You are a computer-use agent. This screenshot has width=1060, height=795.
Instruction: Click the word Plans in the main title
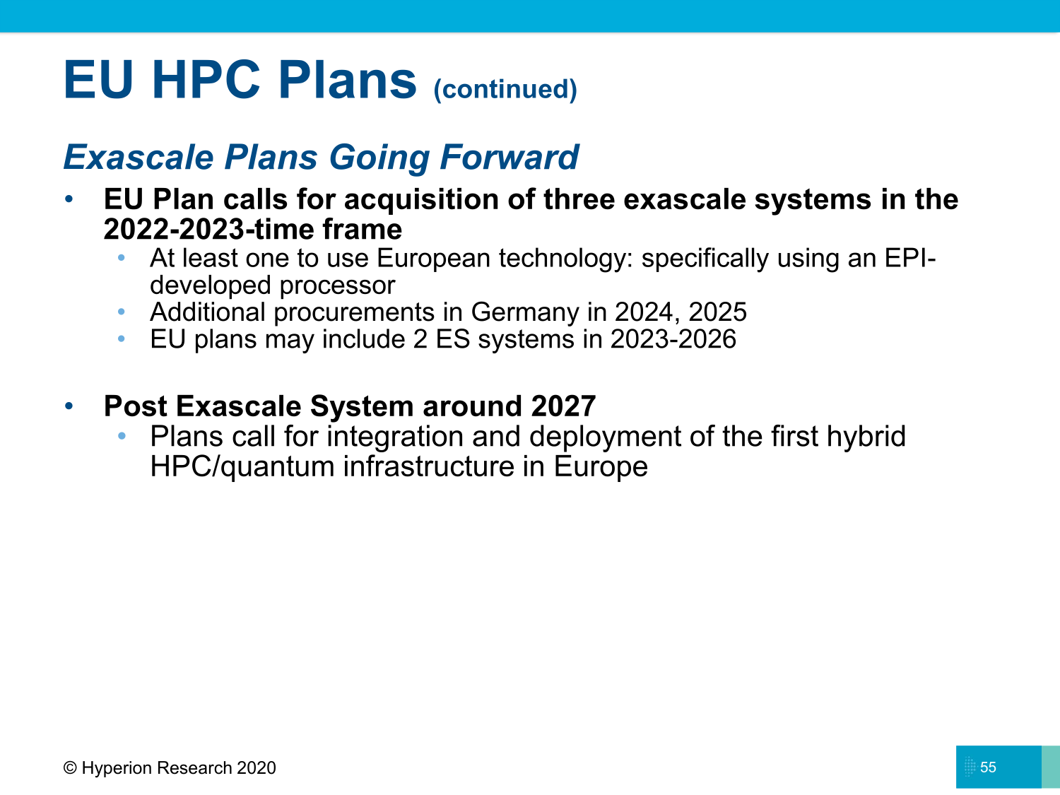click(347, 80)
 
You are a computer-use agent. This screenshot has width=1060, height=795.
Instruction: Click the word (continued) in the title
click(505, 89)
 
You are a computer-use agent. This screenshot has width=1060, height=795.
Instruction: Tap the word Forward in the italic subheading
click(509, 157)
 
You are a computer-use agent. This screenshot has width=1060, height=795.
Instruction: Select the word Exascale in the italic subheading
click(139, 157)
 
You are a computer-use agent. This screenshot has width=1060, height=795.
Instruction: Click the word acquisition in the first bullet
click(420, 199)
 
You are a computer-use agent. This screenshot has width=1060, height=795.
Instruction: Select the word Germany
click(524, 312)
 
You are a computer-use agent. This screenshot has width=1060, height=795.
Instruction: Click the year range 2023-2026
click(673, 339)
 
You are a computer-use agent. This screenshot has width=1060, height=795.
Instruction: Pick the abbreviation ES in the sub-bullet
click(452, 339)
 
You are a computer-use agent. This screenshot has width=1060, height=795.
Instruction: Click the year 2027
click(563, 406)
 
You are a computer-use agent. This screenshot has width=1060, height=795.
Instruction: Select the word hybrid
click(866, 436)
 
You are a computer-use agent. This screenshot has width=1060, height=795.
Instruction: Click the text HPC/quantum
click(242, 467)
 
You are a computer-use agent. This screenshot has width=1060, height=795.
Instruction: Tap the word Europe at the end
click(600, 467)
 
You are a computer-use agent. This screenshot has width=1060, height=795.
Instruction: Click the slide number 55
click(988, 767)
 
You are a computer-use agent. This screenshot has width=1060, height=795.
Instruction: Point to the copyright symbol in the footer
click(70, 768)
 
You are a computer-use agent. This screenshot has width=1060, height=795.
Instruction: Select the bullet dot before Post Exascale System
click(69, 406)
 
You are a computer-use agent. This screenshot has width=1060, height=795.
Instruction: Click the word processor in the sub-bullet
click(337, 285)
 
